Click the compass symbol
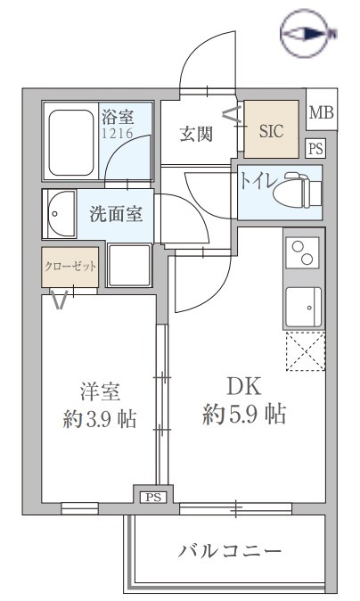tap(307, 34)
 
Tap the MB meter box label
tap(322, 112)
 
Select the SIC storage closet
tap(271, 128)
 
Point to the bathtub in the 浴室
tap(71, 143)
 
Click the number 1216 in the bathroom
tap(117, 133)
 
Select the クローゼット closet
tap(70, 268)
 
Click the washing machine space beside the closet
tap(129, 265)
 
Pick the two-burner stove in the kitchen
tap(303, 252)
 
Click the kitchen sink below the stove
tap(304, 307)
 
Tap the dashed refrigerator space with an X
tap(306, 351)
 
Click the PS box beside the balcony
tap(153, 498)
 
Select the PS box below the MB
tap(316, 148)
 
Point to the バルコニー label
tap(229, 552)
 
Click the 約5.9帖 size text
tap(244, 414)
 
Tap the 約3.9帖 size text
tap(100, 418)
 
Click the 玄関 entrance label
tap(196, 134)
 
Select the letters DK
tap(244, 386)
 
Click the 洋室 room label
tap(100, 391)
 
